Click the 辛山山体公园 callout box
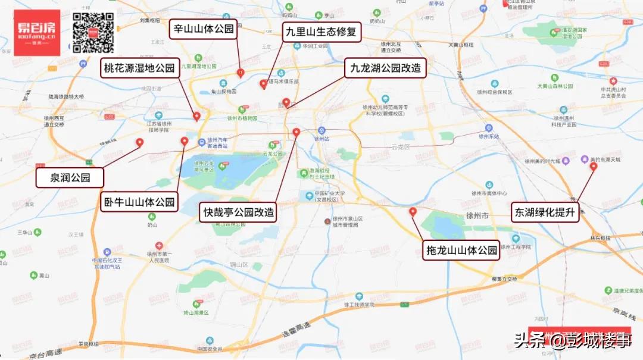click(x=204, y=29)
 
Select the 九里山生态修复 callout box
click(x=321, y=32)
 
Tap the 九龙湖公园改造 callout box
click(x=385, y=68)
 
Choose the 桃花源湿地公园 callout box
click(x=139, y=68)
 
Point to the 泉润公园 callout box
click(x=70, y=177)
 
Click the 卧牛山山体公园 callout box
click(x=139, y=202)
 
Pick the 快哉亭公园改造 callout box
click(x=239, y=212)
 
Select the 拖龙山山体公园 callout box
click(x=461, y=251)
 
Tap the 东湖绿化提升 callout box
click(x=545, y=212)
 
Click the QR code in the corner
click(x=93, y=33)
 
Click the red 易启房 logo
click(x=37, y=33)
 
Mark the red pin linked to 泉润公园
click(x=140, y=143)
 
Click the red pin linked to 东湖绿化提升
click(x=593, y=167)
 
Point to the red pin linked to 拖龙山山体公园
click(x=413, y=212)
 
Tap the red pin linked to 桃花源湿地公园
click(x=196, y=117)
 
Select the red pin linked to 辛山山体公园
click(x=240, y=73)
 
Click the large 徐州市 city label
click(x=477, y=215)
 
